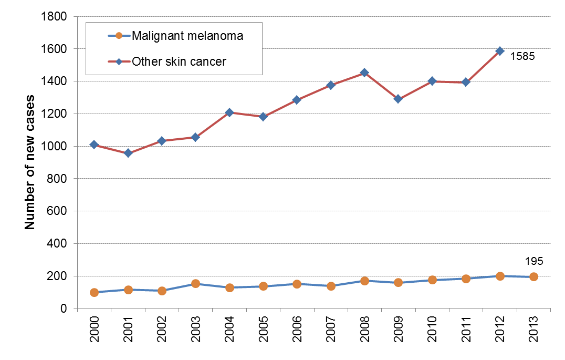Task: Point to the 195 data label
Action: click(x=533, y=261)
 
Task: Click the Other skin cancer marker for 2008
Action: click(x=364, y=73)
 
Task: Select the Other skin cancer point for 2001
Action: click(x=128, y=153)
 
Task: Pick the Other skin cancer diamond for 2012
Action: click(x=500, y=51)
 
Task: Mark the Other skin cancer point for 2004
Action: click(x=229, y=112)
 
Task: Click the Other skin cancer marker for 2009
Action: click(x=398, y=99)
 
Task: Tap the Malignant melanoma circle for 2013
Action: click(x=533, y=277)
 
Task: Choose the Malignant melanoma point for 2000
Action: click(x=94, y=292)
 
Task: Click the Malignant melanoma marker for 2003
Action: click(x=195, y=284)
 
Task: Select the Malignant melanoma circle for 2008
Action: click(x=364, y=281)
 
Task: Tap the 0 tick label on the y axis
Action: click(x=63, y=308)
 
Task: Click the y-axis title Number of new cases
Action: click(x=30, y=162)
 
